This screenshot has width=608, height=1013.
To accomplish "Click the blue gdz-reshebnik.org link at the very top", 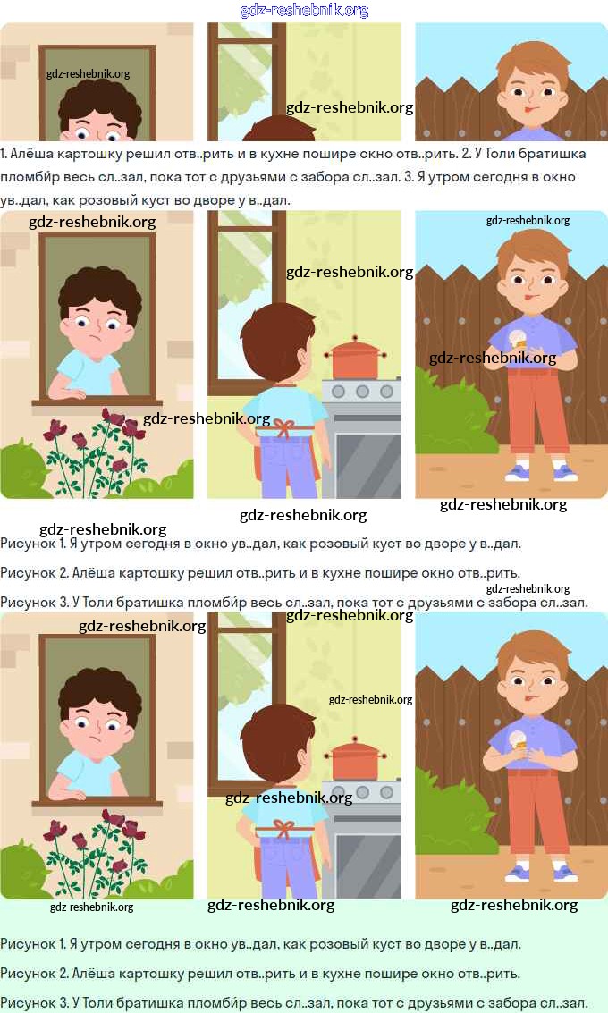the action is tap(304, 11).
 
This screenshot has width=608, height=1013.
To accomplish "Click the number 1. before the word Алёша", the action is tap(4, 154).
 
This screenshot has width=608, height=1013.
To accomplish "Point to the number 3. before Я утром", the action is tap(409, 177).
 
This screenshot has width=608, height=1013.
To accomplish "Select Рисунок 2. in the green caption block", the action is tap(34, 974).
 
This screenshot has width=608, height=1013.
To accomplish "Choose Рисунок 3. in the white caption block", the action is tap(34, 603).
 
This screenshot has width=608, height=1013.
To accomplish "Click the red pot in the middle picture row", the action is tap(354, 359).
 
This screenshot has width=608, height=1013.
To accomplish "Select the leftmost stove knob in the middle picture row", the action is tap(339, 392).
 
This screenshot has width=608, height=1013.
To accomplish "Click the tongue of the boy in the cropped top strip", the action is tap(528, 110).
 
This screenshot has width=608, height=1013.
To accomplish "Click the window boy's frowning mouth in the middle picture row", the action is tap(95, 340).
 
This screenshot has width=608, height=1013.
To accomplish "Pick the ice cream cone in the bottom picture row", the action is tap(519, 741).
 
